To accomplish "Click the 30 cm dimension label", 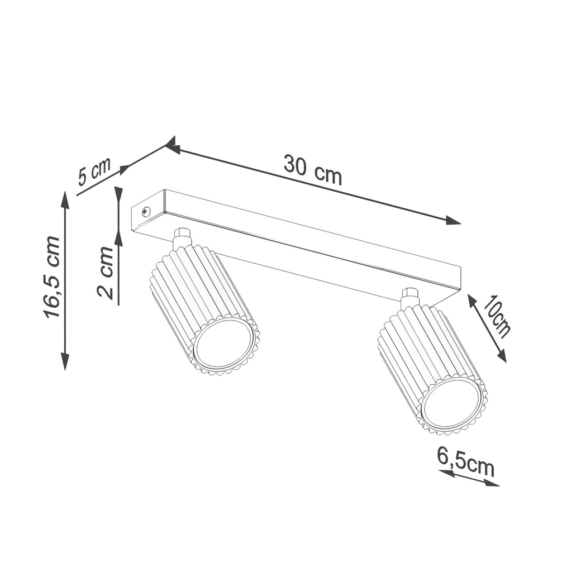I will (x=312, y=169).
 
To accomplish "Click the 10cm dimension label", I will (x=497, y=317).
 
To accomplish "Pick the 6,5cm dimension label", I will (x=466, y=461).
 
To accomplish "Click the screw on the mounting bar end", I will (x=146, y=211).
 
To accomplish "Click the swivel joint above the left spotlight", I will (x=182, y=239).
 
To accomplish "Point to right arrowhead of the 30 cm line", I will (x=454, y=221).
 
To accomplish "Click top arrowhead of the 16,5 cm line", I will (x=65, y=199).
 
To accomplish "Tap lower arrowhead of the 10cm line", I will (x=501, y=356).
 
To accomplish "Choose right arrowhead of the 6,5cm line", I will (x=493, y=483).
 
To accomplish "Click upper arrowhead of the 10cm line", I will (x=472, y=301).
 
